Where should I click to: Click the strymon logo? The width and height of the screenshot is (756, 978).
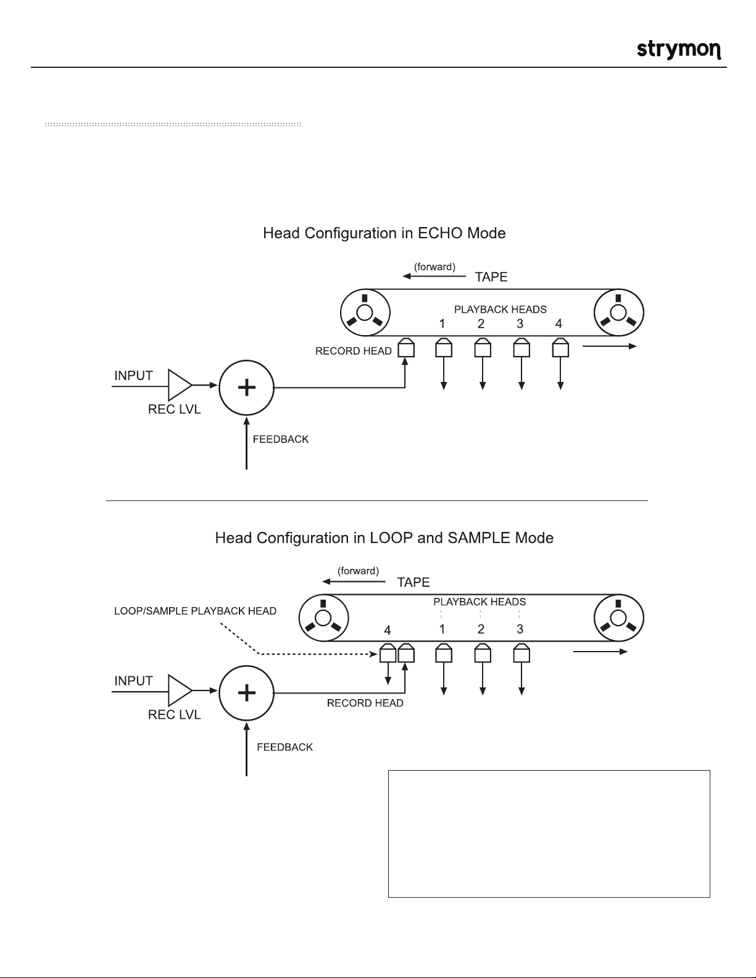click(679, 49)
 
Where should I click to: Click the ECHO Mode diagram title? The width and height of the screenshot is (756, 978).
click(384, 234)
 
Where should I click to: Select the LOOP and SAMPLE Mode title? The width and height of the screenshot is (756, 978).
click(384, 538)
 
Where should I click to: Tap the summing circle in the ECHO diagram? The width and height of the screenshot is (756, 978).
click(246, 387)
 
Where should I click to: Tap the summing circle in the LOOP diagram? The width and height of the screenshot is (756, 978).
click(246, 692)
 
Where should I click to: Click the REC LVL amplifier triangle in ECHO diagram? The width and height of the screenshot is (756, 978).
click(179, 386)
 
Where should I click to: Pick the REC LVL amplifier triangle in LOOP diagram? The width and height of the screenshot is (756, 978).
click(179, 692)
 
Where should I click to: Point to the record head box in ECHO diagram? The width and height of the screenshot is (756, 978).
click(405, 349)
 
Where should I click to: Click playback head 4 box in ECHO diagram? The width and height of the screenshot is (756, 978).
click(560, 349)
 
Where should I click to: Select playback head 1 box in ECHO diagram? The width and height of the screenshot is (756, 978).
click(444, 349)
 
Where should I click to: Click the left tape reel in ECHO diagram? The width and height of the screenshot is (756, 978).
click(365, 312)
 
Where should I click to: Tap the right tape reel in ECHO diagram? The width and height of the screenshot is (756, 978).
click(618, 312)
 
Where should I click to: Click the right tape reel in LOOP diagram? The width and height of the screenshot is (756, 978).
click(618, 618)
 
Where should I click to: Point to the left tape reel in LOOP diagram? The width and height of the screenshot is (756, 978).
click(323, 618)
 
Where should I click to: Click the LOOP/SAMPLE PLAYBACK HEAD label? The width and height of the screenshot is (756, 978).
click(196, 611)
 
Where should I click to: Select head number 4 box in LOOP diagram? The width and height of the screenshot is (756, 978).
click(388, 653)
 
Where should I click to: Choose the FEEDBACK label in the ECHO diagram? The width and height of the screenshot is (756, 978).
click(281, 439)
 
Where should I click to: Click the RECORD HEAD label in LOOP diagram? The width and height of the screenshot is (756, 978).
click(365, 703)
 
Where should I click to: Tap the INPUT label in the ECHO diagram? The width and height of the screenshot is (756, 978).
click(133, 376)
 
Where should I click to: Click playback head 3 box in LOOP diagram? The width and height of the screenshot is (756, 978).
click(521, 653)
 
